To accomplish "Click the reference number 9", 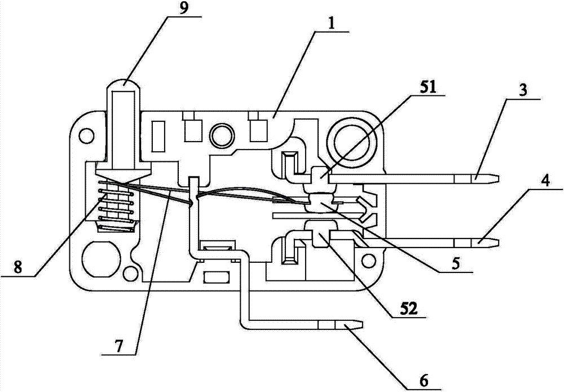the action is tap(184, 7).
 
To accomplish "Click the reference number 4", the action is tap(545, 182).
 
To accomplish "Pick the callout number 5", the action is tap(456, 263).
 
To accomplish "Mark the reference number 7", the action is tap(118, 346).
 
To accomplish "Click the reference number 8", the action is tap(17, 267).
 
